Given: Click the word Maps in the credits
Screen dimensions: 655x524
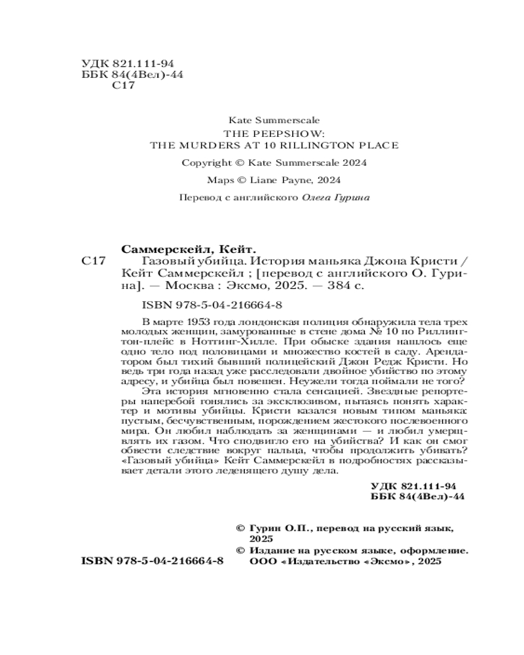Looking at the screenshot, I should [220, 180].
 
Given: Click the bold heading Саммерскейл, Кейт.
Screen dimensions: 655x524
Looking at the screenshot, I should [188, 249].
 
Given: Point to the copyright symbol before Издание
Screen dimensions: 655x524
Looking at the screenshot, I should [240, 551].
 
